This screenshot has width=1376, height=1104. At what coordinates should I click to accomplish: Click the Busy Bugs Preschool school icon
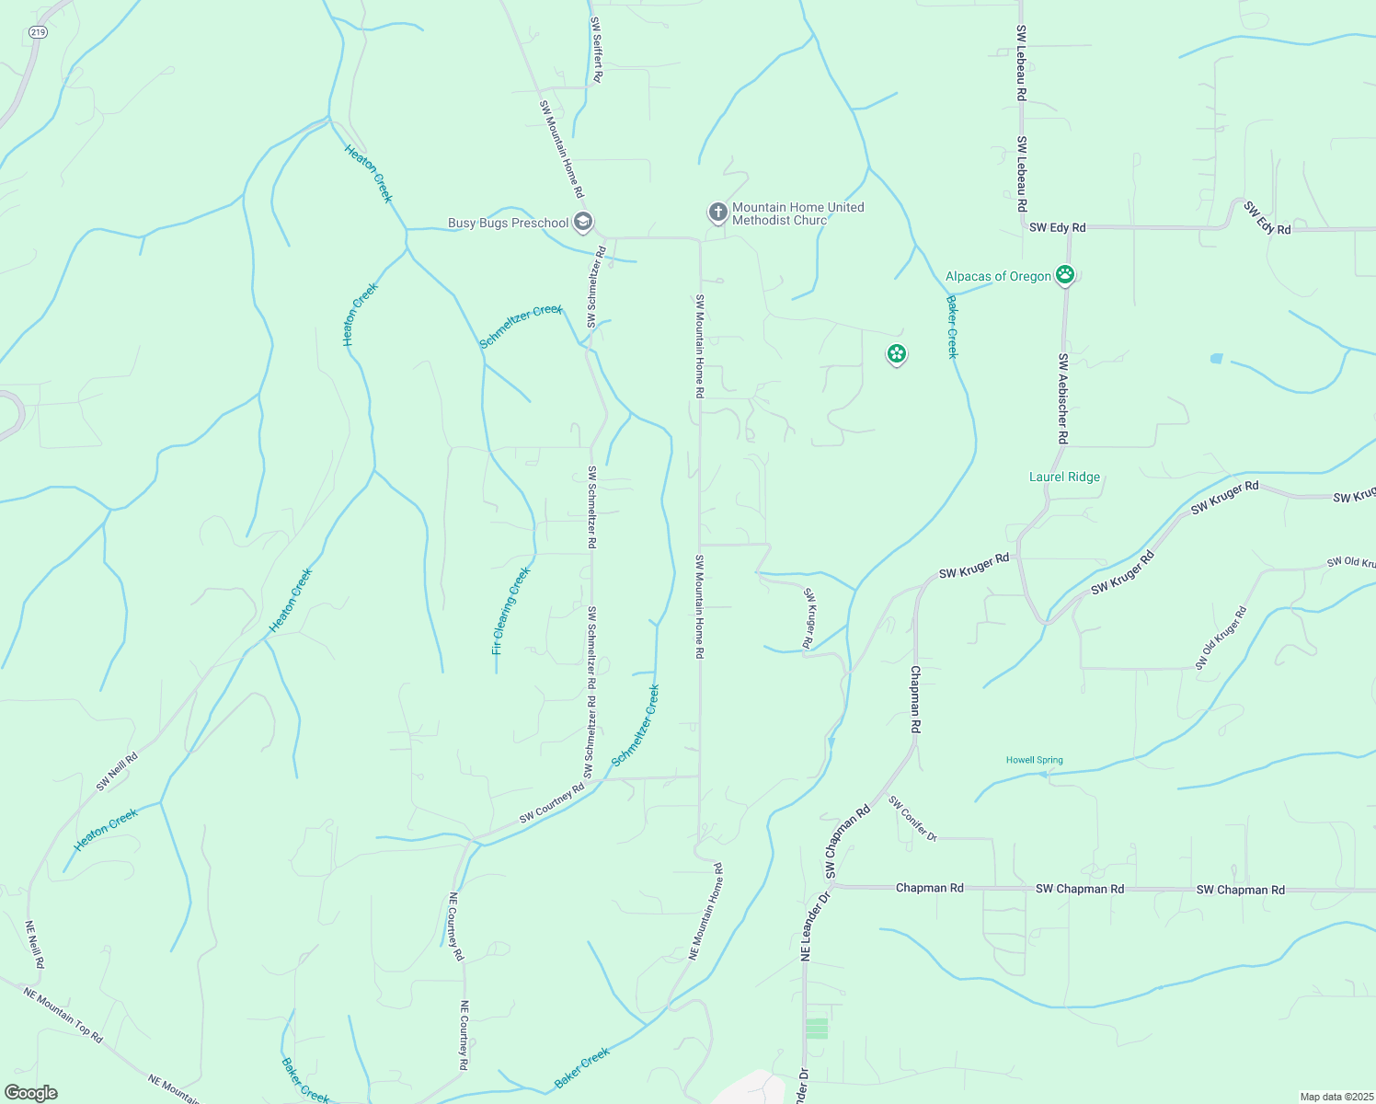582,222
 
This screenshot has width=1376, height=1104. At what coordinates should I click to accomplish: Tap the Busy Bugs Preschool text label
508,223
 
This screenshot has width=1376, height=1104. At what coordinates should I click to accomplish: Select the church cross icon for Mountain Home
717,213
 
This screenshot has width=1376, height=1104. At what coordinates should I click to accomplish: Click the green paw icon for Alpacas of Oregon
1065,274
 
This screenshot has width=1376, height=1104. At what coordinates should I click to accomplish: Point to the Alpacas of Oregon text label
998,276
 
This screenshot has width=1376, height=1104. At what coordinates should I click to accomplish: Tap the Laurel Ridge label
1064,477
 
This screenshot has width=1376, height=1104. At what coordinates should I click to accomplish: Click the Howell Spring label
1034,760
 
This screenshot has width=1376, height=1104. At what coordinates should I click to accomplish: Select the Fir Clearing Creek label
510,611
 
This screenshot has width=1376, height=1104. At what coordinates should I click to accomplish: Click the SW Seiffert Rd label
596,50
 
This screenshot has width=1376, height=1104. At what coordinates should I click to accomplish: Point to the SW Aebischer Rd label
1062,398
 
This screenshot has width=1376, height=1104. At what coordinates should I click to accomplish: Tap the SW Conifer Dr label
912,820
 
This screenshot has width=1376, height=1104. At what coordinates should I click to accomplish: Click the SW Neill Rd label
117,772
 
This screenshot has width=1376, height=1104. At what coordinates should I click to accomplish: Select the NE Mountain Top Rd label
63,1015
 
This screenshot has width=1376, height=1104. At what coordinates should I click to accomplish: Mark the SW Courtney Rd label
552,804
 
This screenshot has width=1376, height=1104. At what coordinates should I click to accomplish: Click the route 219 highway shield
38,31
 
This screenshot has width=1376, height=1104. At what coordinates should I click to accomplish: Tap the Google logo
30,1093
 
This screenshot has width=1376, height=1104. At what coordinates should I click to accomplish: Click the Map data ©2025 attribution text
1335,1097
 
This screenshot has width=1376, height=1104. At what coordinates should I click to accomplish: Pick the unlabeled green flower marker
897,353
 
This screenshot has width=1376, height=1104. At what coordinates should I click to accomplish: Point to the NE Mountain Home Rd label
706,912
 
